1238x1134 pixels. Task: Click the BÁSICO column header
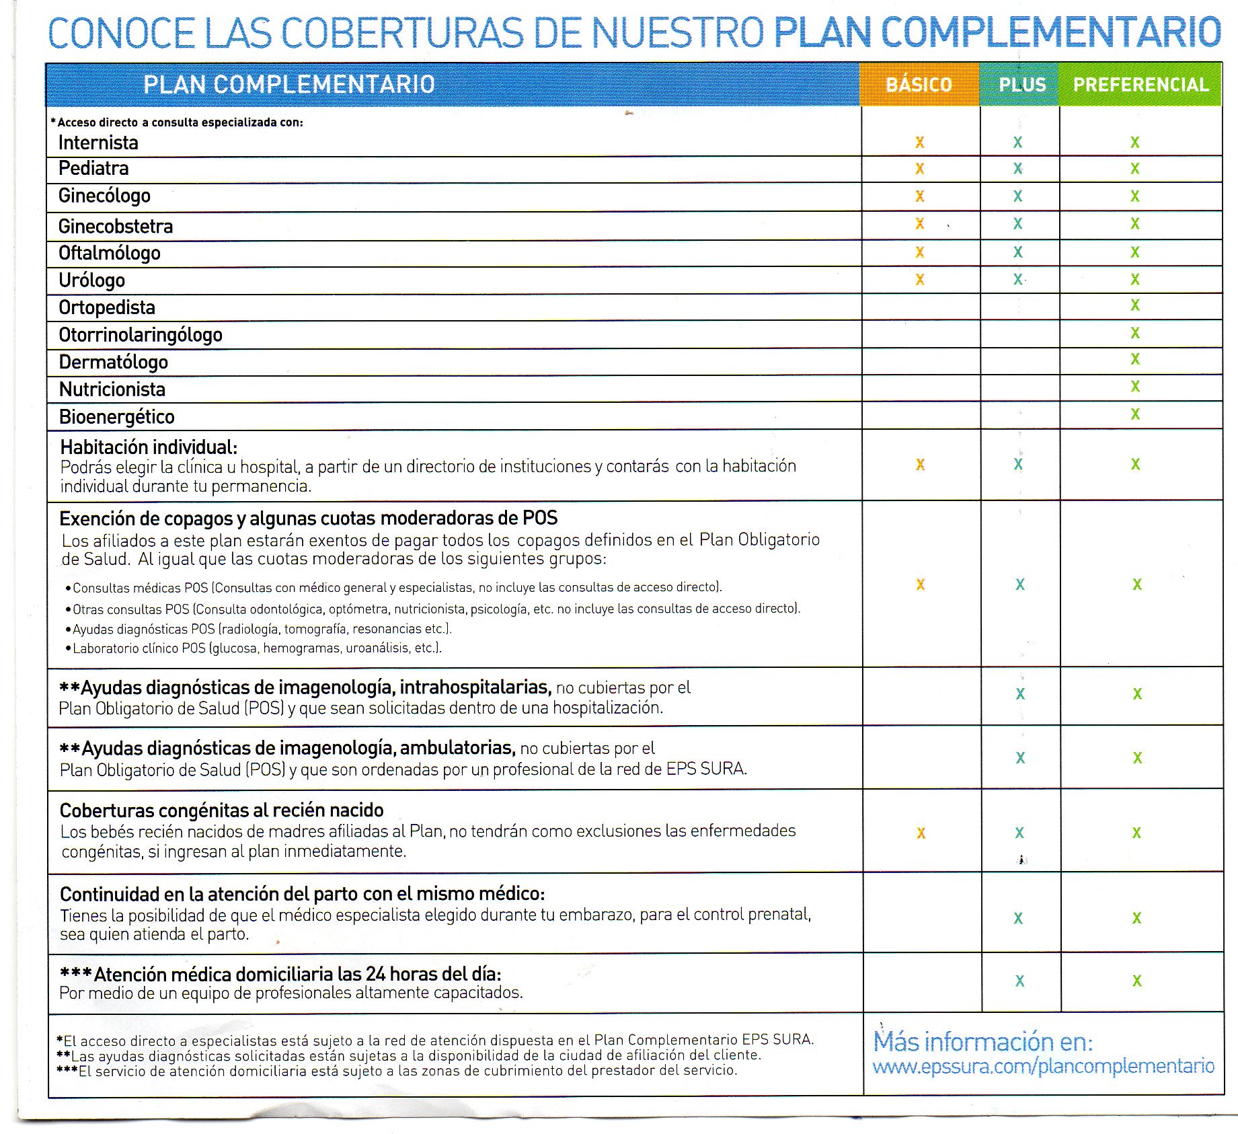tap(919, 85)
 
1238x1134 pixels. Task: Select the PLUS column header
tap(1021, 85)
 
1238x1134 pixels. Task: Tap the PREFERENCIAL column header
tap(1140, 85)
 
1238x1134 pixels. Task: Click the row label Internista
tap(98, 143)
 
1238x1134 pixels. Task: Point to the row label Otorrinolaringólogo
tap(141, 335)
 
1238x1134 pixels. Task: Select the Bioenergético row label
tap(116, 417)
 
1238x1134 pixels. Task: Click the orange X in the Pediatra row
tap(919, 169)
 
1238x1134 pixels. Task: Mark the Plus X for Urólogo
tap(1018, 279)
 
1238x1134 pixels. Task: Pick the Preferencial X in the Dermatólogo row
tap(1135, 359)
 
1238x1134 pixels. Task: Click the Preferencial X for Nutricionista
tap(1135, 387)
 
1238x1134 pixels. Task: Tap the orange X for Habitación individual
tap(920, 465)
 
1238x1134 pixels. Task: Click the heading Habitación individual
tap(149, 447)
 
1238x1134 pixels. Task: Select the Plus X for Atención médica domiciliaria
tap(1019, 981)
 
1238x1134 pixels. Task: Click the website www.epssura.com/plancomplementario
tap(1043, 1066)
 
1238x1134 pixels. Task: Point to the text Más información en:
tap(982, 1041)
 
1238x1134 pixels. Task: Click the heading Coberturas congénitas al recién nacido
tap(221, 810)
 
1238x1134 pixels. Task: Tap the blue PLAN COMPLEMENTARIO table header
tap(289, 85)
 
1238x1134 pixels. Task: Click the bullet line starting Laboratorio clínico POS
tap(256, 648)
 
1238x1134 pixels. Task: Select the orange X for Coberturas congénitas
tap(921, 833)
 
